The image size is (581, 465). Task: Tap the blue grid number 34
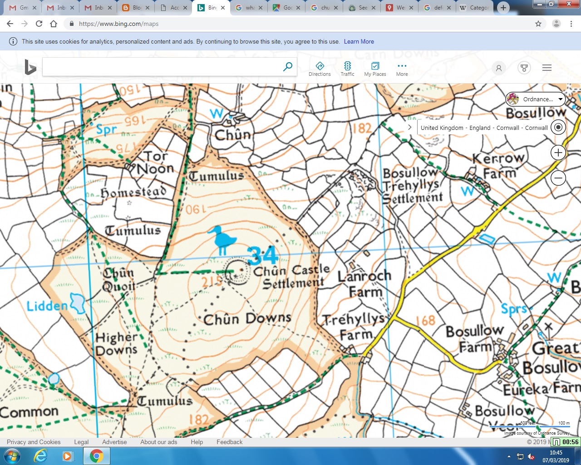click(262, 256)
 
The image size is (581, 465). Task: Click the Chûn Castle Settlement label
click(292, 277)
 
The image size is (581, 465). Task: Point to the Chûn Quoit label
click(119, 280)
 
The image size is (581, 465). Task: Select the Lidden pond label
click(47, 306)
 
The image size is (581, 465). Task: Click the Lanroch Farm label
click(364, 283)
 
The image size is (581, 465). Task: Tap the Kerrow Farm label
click(499, 165)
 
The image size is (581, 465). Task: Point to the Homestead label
click(133, 193)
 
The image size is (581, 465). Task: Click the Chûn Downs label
click(247, 319)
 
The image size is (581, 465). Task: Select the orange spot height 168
click(426, 321)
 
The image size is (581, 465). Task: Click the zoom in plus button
click(558, 153)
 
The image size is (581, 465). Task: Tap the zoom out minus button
click(558, 178)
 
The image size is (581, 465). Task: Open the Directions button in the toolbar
click(320, 69)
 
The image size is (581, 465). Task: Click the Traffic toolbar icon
click(347, 69)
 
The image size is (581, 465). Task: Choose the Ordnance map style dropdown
click(536, 99)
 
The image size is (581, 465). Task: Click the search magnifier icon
click(288, 67)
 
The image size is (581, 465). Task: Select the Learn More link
click(359, 41)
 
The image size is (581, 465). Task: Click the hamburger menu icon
click(547, 68)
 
